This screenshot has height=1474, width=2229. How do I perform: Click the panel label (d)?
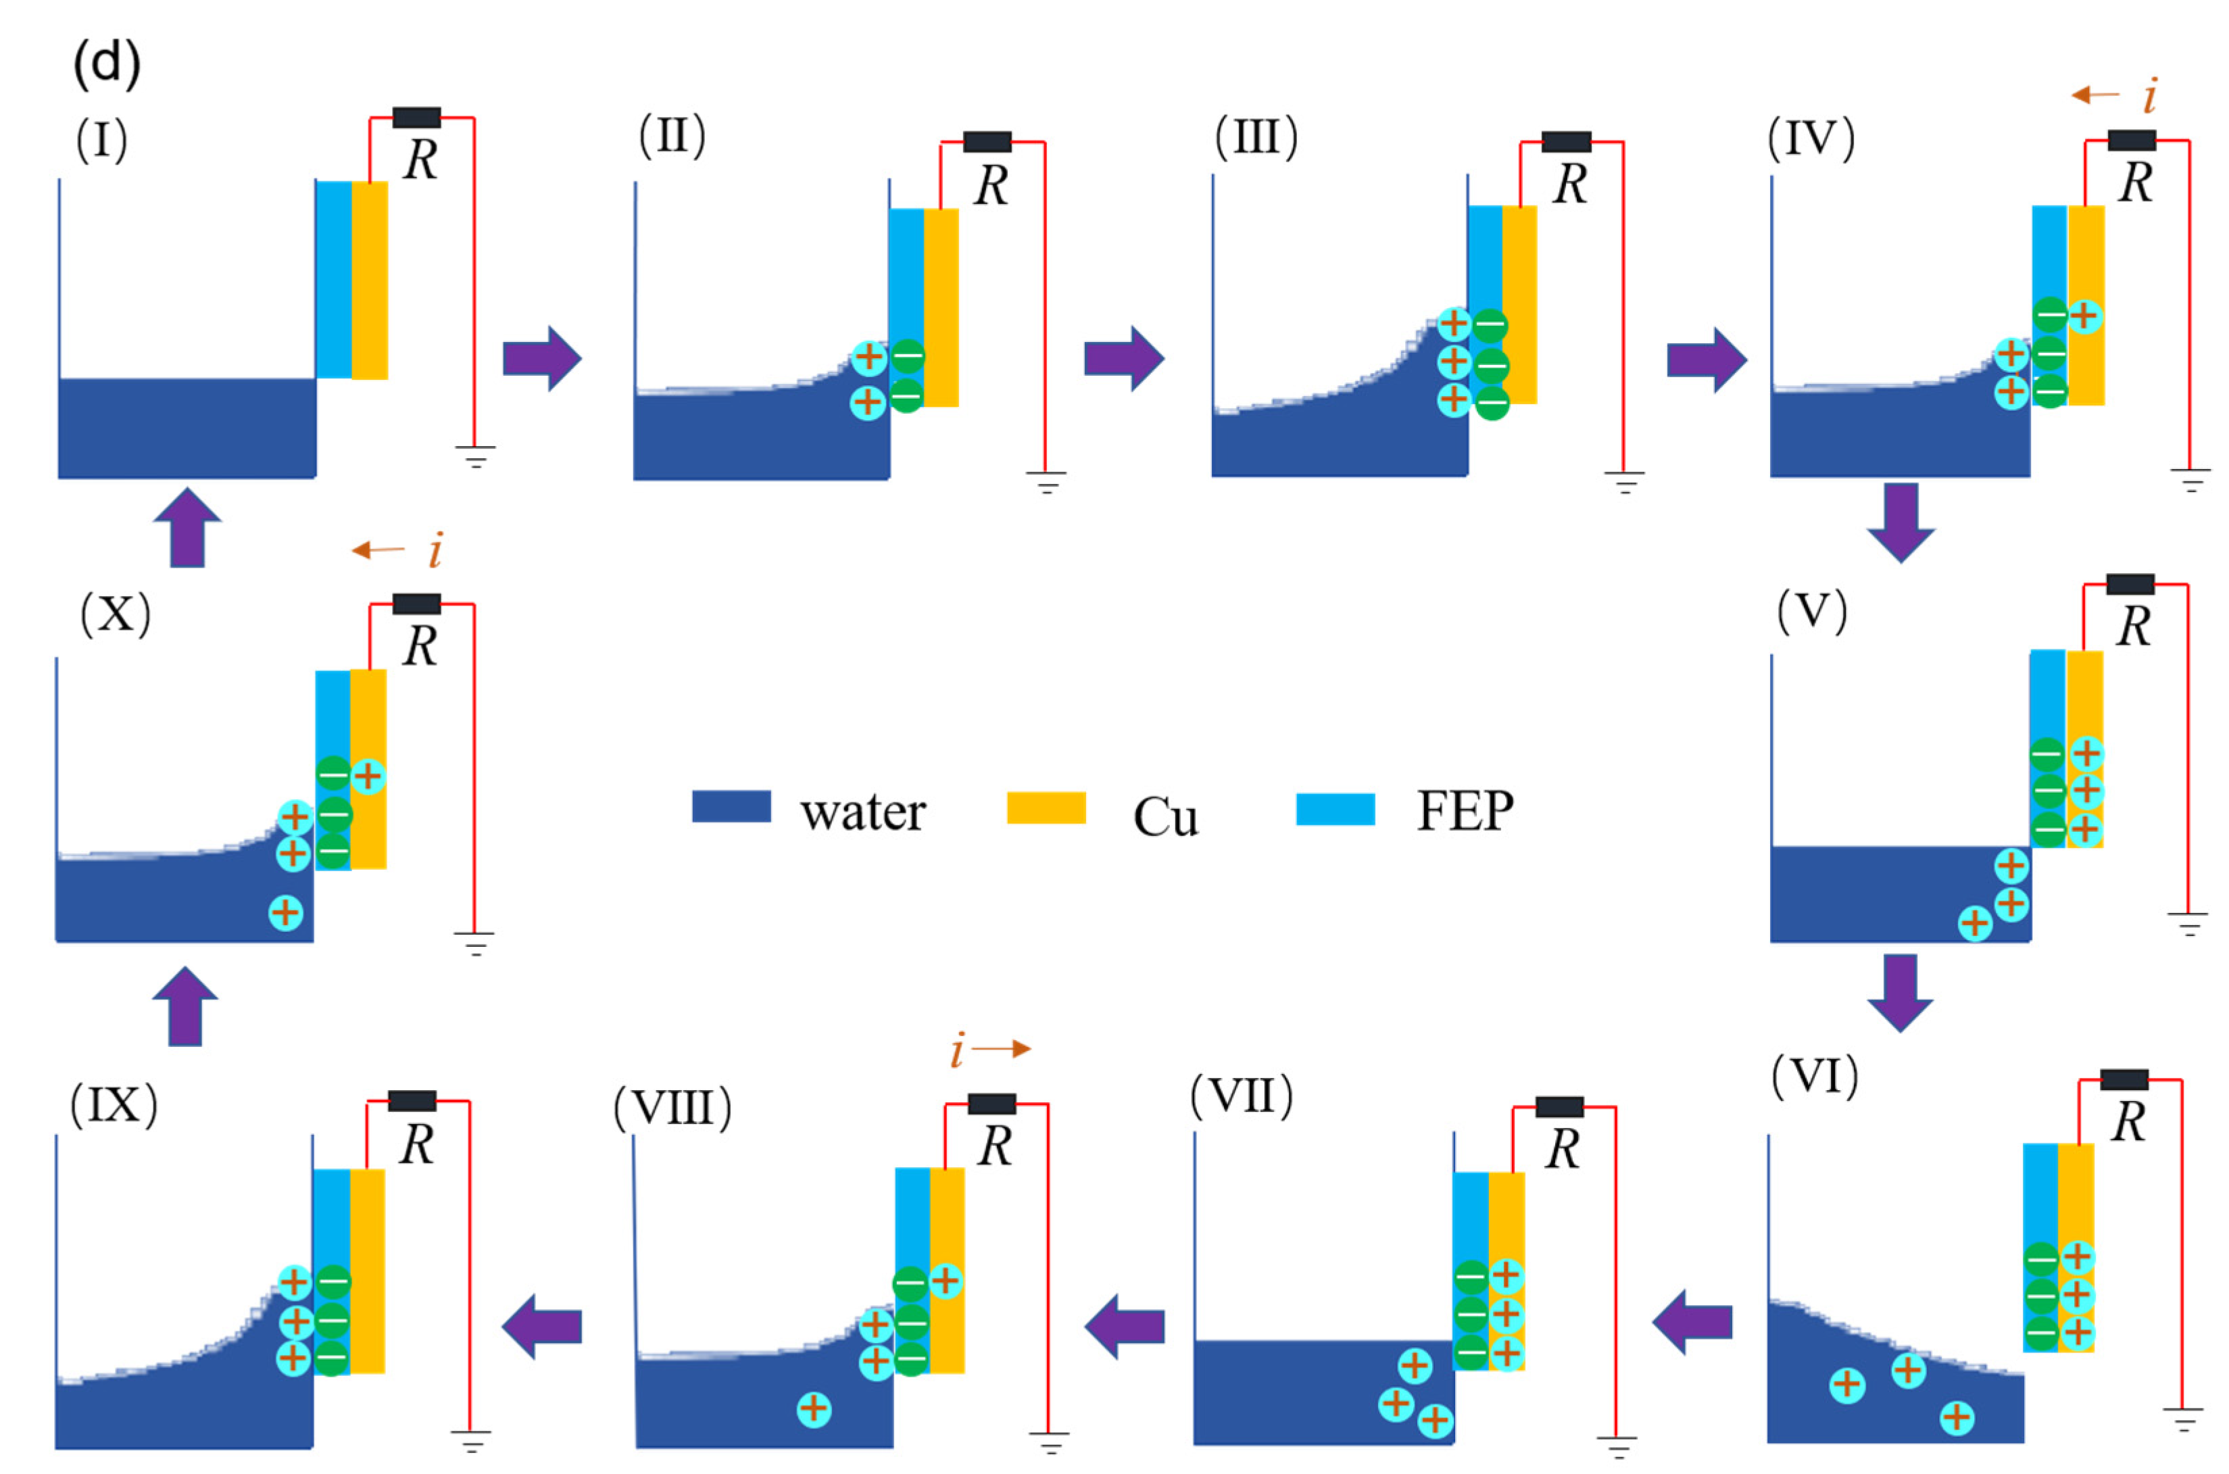[106, 64]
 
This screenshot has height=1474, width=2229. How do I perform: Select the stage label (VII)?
[1241, 1096]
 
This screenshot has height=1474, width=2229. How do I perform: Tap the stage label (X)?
[115, 615]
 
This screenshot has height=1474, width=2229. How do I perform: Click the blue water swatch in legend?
[731, 806]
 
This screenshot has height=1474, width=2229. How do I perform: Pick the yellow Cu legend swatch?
[1046, 808]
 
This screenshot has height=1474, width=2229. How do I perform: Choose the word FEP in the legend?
[1464, 810]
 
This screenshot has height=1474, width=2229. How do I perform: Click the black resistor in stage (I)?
[416, 118]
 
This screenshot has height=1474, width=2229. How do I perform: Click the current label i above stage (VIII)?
[957, 1050]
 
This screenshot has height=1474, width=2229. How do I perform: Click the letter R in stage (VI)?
[2128, 1123]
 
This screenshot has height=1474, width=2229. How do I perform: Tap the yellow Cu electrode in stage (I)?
[370, 280]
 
